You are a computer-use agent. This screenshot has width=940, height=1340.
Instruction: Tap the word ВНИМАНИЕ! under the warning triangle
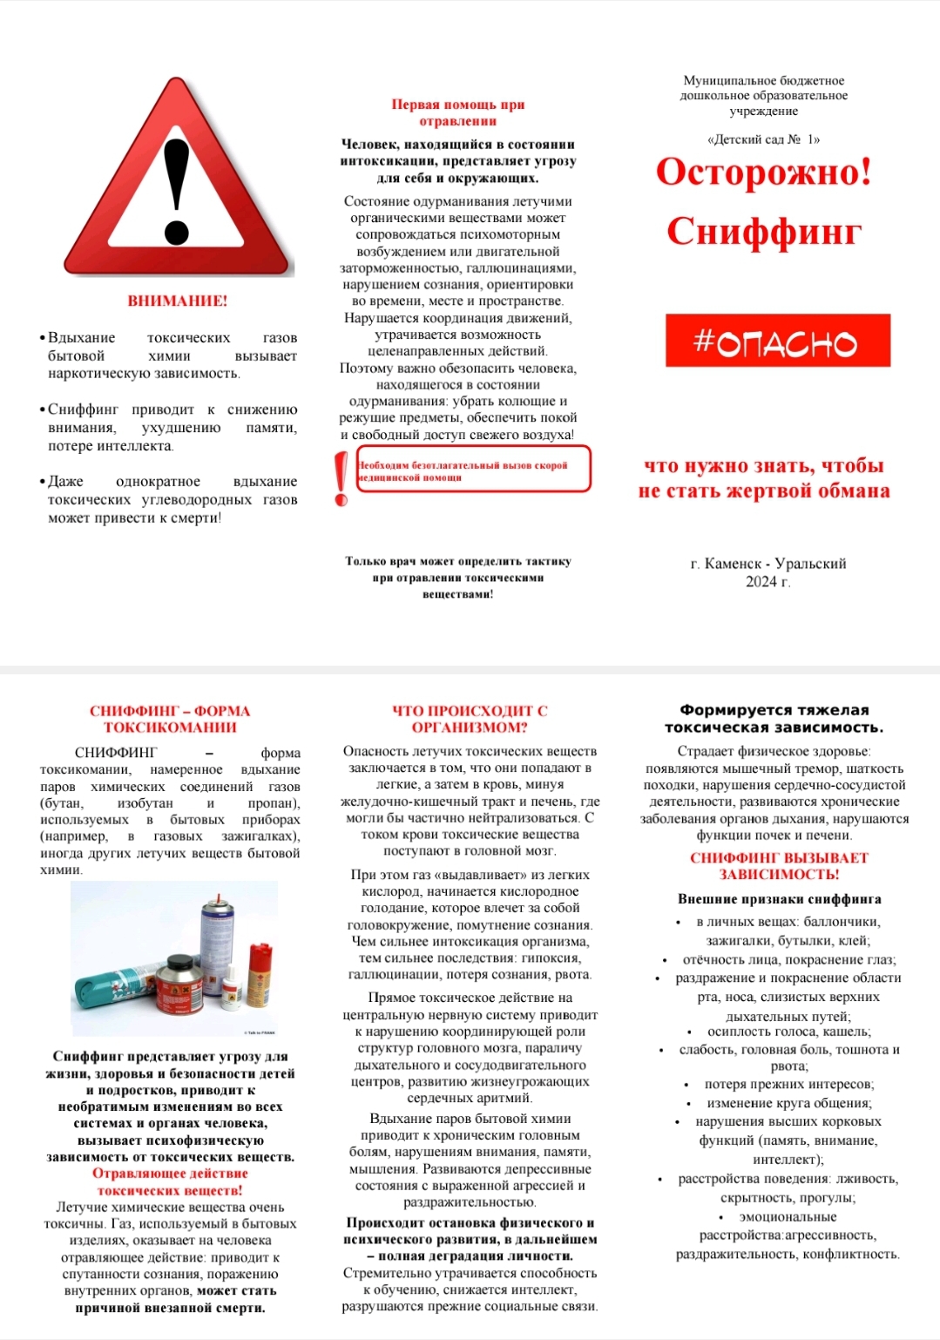178,301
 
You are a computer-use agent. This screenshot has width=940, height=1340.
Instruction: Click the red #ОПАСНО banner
777,341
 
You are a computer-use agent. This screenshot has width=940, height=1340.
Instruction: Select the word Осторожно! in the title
763,172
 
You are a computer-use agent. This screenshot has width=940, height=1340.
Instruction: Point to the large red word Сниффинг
764,232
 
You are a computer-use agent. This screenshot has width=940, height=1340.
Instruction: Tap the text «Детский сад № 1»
763,139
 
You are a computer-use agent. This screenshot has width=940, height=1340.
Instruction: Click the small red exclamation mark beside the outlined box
341,478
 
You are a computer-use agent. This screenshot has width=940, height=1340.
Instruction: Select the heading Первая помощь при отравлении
457,112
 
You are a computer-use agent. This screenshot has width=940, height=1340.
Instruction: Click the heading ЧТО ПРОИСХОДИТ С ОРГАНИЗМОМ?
470,719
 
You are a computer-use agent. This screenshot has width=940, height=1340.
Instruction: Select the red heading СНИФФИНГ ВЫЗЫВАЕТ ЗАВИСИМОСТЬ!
779,866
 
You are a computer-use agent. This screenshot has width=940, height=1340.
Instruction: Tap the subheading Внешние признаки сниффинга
779,899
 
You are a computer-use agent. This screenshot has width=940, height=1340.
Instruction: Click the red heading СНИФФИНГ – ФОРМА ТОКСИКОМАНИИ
170,719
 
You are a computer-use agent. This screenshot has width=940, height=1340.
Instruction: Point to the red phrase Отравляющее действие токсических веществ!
170,1181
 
